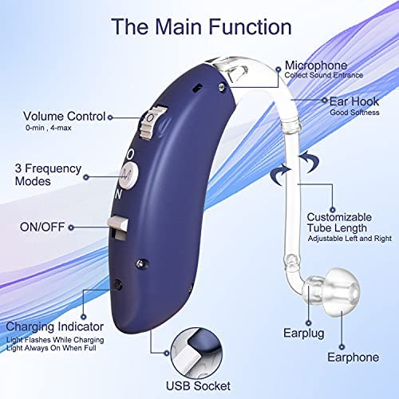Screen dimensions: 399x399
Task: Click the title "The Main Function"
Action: (x=201, y=27)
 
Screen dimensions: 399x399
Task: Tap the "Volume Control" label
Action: (x=65, y=117)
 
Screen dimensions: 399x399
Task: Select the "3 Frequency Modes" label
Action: (x=48, y=175)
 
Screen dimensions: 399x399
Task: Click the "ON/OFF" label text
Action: (x=42, y=227)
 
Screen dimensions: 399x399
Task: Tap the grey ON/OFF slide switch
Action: (x=118, y=227)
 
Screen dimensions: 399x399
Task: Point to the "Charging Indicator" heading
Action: (x=55, y=327)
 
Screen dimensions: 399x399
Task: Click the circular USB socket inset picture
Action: (x=196, y=354)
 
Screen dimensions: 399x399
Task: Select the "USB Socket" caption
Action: (x=198, y=385)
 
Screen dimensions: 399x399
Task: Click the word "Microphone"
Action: (x=316, y=65)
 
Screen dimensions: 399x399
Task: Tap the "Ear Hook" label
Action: (x=354, y=101)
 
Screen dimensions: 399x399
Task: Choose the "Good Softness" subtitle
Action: (x=354, y=113)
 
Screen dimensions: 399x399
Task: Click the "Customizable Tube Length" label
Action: (x=339, y=223)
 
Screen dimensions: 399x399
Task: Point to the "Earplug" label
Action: (x=304, y=334)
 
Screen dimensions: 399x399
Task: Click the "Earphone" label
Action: (x=353, y=358)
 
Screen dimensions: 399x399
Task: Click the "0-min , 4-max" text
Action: (x=49, y=128)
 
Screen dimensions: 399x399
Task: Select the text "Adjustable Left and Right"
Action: (x=350, y=239)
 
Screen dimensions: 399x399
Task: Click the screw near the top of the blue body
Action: (x=221, y=86)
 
